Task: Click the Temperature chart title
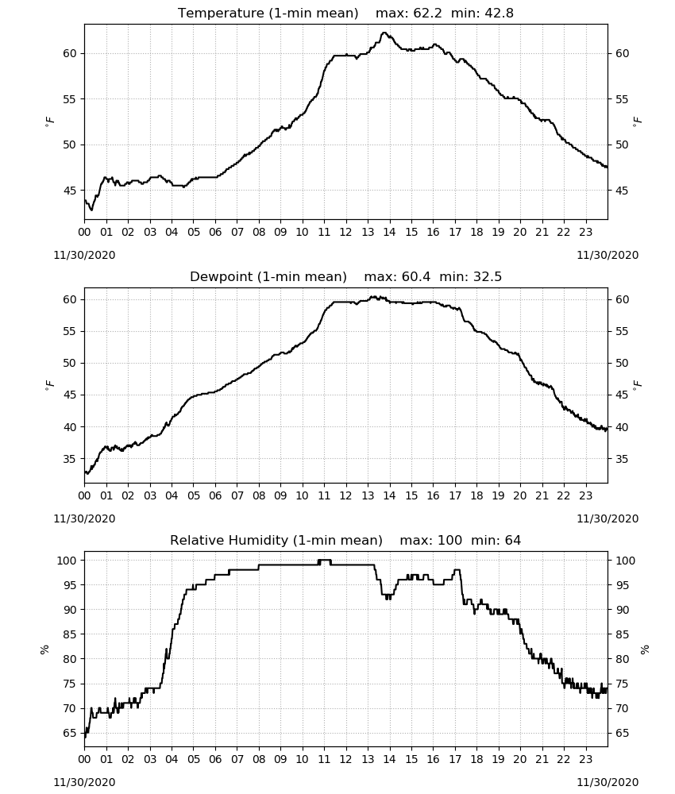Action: pos(345,13)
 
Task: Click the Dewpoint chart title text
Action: pos(345,276)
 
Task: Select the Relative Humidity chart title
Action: pos(345,540)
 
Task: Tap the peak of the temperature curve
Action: pos(384,33)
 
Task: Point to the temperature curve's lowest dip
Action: pos(91,209)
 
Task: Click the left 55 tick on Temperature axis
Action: pos(69,99)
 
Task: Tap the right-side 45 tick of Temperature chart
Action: pos(623,191)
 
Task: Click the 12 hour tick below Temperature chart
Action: pos(345,232)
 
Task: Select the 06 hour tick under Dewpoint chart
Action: pos(215,495)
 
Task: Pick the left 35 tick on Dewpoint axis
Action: pos(69,459)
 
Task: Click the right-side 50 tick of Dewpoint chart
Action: pos(623,363)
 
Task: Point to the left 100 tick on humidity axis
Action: pos(67,561)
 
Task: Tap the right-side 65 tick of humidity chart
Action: pos(623,733)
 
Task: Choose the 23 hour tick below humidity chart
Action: pos(585,759)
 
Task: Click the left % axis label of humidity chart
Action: pos(44,649)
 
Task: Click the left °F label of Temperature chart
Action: pos(49,121)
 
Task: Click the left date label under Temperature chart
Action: pos(84,255)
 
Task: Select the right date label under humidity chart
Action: pos(607,782)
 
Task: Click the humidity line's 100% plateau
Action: pos(324,560)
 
